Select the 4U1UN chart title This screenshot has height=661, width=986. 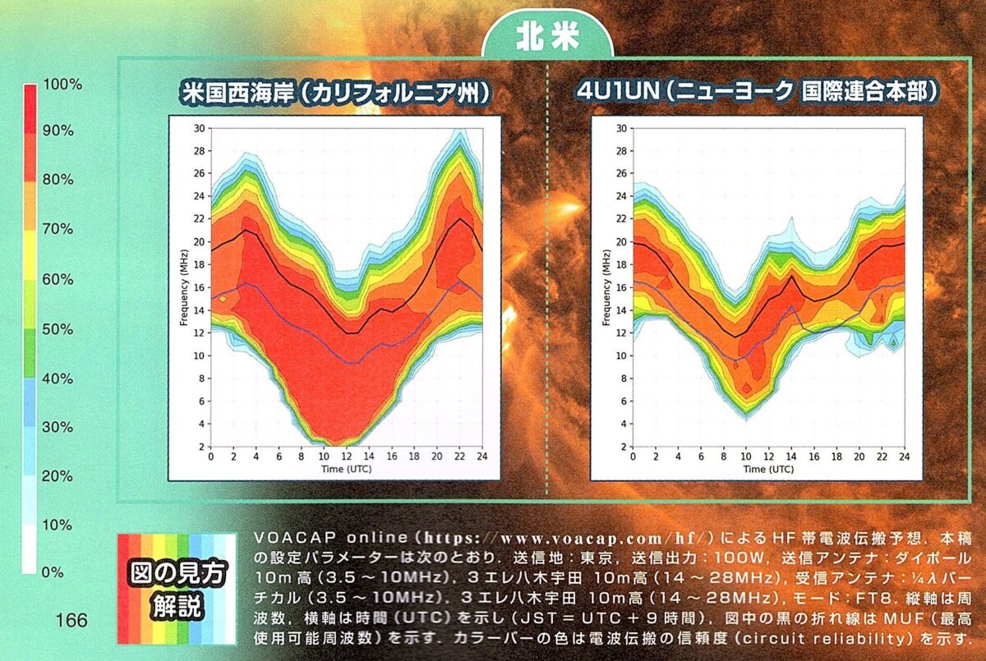coord(757,93)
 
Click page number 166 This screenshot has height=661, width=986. coord(71,620)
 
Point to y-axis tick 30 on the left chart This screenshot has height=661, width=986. coord(199,128)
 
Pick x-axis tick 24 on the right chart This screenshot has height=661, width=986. coord(905,457)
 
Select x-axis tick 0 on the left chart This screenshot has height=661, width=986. coord(210,457)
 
